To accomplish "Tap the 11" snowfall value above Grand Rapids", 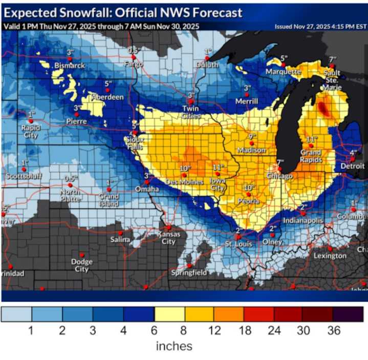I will pyautogui.click(x=310, y=139).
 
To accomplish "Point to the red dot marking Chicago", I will pyautogui.click(x=279, y=169).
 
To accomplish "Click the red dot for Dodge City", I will pyautogui.click(x=82, y=255).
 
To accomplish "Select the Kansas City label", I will pyautogui.click(x=169, y=238).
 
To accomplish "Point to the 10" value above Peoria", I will pyautogui.click(x=249, y=188).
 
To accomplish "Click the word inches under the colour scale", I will pyautogui.click(x=174, y=346).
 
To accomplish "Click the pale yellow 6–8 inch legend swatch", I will pyautogui.click(x=169, y=314).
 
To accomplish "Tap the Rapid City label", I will pyautogui.click(x=31, y=132).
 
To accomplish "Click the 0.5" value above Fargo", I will pyautogui.click(x=135, y=50).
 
